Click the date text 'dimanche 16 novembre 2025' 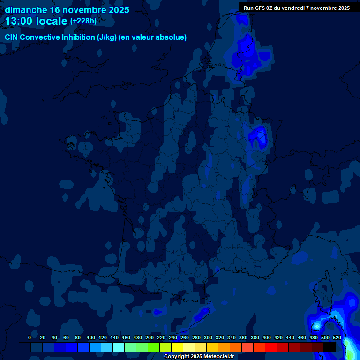coord(67,10)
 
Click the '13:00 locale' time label coord(37,21)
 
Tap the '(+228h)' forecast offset coord(83,21)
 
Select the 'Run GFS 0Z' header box coord(296,8)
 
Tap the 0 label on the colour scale coord(30,337)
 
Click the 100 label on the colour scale coord(90,337)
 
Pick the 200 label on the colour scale coord(150,337)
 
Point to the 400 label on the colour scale coord(267,337)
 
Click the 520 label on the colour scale coord(337,337)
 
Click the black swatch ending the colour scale coord(330,347)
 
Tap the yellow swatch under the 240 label coord(177,347)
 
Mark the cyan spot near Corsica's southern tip coord(317,325)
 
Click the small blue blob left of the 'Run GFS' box coord(242,19)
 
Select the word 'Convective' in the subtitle coord(41,37)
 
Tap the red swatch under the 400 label coord(271,347)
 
